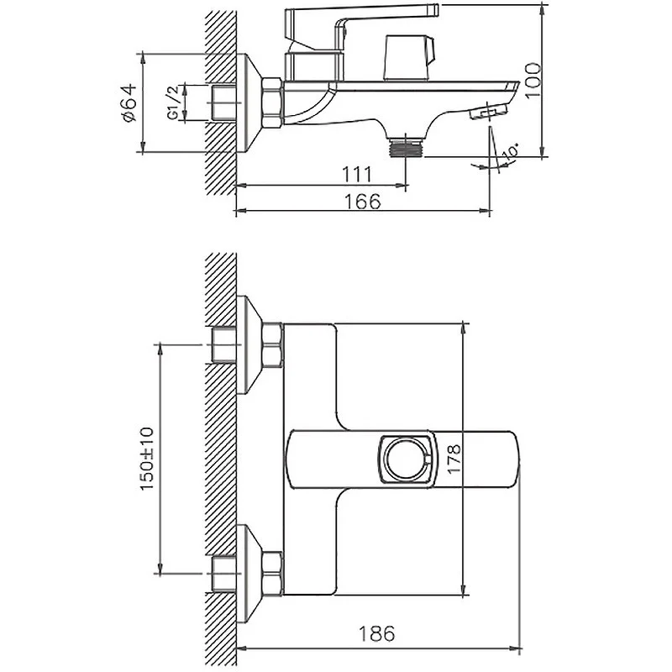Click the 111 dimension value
(356, 174)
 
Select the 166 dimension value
(362, 201)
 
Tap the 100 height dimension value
(533, 80)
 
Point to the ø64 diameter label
(129, 103)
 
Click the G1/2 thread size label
(173, 102)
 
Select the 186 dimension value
(376, 633)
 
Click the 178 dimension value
(454, 459)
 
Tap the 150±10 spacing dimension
(146, 459)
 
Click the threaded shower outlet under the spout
(405, 148)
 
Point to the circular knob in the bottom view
(406, 459)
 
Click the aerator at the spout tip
(488, 113)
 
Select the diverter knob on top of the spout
(409, 58)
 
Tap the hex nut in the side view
(272, 102)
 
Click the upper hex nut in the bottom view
(272, 345)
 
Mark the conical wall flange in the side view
(249, 102)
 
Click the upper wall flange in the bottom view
(249, 345)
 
